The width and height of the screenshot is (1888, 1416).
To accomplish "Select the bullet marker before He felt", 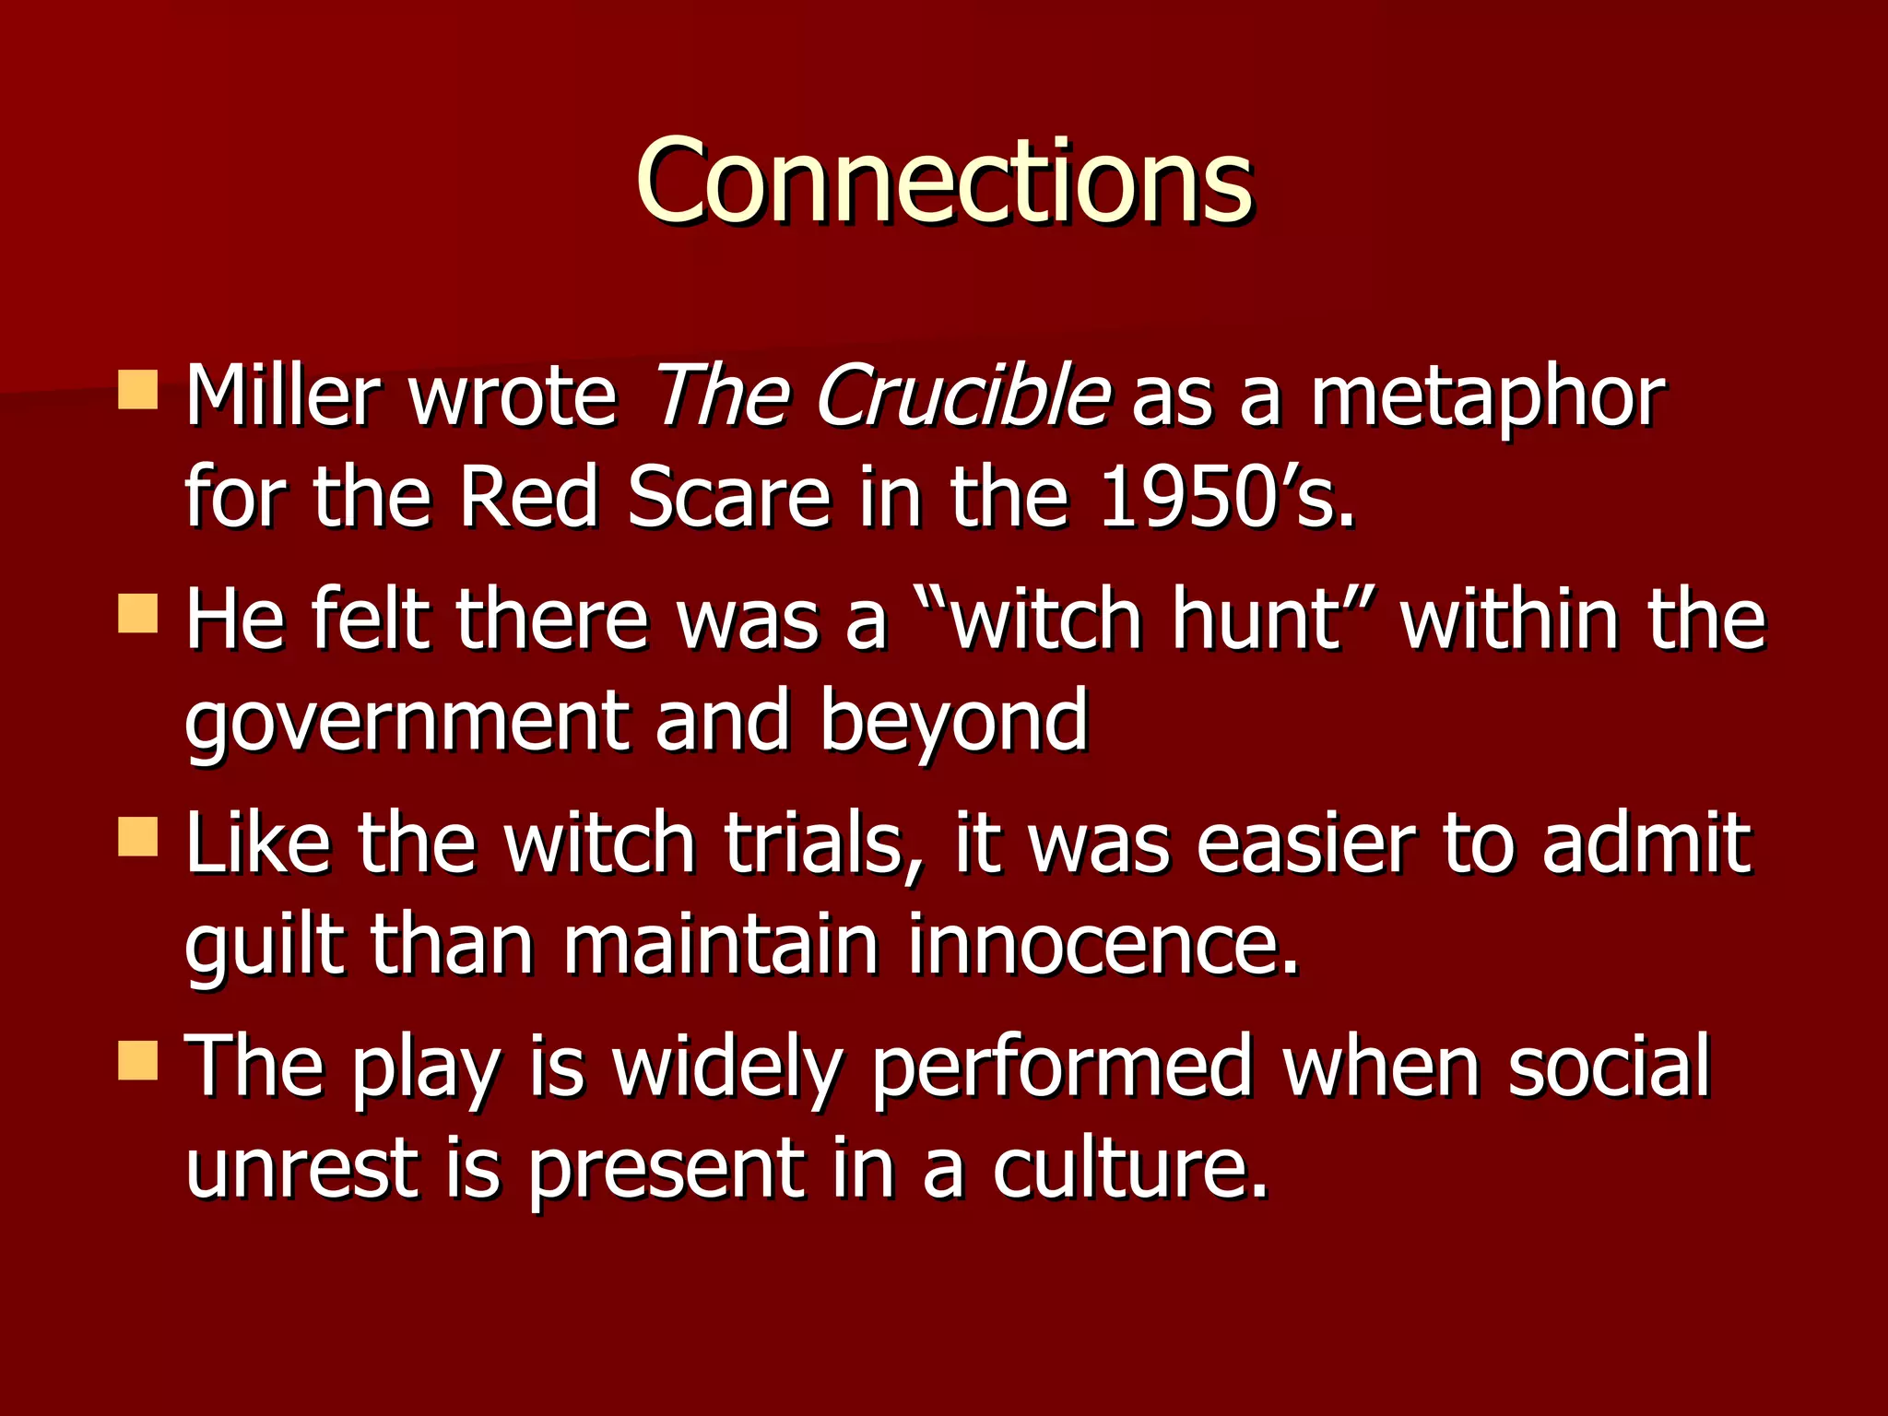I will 138,613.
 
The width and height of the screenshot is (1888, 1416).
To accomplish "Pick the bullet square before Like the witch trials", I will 138,836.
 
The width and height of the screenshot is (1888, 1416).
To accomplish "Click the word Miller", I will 281,396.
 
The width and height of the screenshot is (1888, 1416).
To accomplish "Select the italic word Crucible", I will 963,396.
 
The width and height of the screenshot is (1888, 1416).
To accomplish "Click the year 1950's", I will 1226,498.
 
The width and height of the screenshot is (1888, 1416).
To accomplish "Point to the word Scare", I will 729,498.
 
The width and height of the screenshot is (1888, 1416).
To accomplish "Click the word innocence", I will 1103,945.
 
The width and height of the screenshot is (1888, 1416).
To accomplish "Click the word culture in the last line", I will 1129,1168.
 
